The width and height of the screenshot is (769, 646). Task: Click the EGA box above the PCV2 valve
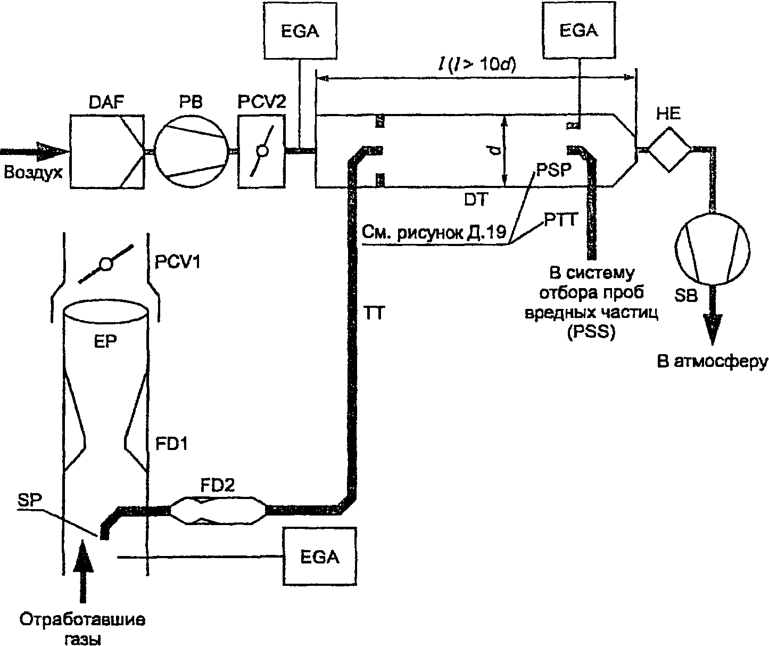[x=300, y=31]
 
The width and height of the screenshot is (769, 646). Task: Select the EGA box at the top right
[x=578, y=30]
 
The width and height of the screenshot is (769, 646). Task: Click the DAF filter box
[x=106, y=151]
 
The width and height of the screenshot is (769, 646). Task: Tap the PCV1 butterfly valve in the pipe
[x=106, y=264]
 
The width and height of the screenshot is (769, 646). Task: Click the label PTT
[x=560, y=220]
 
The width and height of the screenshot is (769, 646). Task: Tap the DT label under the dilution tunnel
[x=476, y=199]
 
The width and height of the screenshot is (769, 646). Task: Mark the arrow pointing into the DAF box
[x=35, y=151]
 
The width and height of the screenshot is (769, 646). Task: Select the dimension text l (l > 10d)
[x=476, y=66]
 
